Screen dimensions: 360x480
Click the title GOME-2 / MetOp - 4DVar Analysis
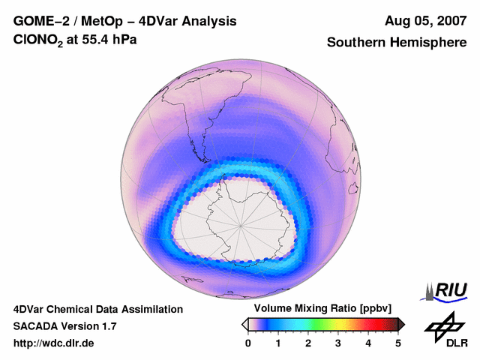(x=125, y=21)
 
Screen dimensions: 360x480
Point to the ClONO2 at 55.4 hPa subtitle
(x=74, y=43)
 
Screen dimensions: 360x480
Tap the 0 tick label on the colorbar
(x=248, y=343)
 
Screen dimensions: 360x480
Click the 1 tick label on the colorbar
(x=278, y=343)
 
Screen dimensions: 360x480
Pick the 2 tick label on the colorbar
(x=308, y=343)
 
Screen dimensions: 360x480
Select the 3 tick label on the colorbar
(x=338, y=343)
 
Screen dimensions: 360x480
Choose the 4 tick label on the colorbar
(x=368, y=343)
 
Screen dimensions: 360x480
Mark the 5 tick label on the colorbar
(x=398, y=343)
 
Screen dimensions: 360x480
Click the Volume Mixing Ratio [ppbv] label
(x=319, y=308)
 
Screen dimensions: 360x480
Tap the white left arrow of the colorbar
(x=244, y=324)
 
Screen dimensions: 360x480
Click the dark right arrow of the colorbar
(x=401, y=324)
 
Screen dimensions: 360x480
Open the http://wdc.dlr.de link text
(x=54, y=343)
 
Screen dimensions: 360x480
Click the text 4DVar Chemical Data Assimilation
(x=97, y=309)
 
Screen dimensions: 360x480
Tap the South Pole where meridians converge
(x=241, y=223)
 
